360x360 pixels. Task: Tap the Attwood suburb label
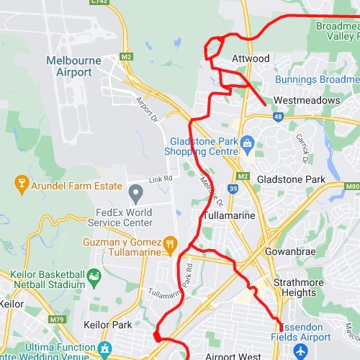tap(251, 58)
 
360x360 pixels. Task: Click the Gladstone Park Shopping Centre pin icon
tap(248, 142)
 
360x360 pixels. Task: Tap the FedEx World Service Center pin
tap(135, 193)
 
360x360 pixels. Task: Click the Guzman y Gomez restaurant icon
tap(170, 244)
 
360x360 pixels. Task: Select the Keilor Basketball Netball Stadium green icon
tap(93, 276)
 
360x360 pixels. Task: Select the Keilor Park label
tap(108, 325)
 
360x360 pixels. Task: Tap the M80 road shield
tap(352, 186)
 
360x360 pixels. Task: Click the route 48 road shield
tap(279, 115)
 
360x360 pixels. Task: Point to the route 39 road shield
tap(233, 189)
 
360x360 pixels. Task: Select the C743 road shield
tap(99, 2)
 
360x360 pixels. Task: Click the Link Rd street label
tap(161, 177)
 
